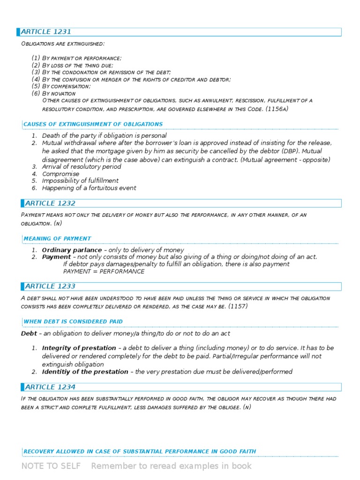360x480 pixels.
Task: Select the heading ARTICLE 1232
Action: click(x=50, y=203)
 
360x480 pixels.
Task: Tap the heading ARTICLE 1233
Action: click(x=50, y=286)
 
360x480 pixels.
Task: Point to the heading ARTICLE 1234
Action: click(x=50, y=387)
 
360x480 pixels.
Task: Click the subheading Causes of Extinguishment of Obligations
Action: click(x=93, y=124)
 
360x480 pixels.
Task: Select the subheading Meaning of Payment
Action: click(x=57, y=239)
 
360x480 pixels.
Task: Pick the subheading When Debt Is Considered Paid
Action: click(x=73, y=322)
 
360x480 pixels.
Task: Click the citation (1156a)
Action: click(x=277, y=109)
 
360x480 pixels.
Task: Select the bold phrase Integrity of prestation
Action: click(x=79, y=348)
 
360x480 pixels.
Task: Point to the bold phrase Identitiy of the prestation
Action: click(x=85, y=372)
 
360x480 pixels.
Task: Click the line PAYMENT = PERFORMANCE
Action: click(x=104, y=271)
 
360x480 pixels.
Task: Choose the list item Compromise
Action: click(x=60, y=174)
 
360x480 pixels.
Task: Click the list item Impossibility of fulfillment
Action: click(x=80, y=181)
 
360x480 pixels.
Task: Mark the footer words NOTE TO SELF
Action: click(x=51, y=466)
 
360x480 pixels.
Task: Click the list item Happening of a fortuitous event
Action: click(x=89, y=188)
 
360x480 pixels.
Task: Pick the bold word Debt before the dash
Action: click(x=29, y=333)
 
